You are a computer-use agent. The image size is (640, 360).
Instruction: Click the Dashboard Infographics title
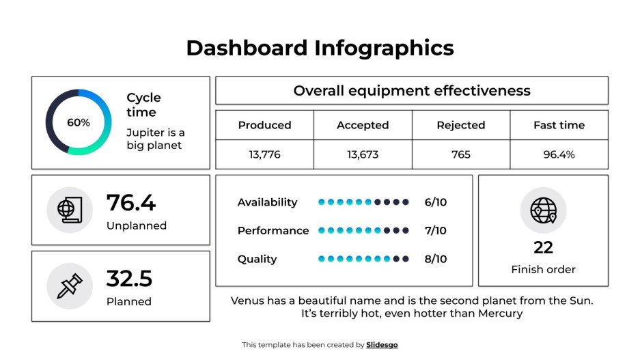(x=320, y=48)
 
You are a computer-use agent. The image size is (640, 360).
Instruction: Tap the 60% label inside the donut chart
(x=78, y=123)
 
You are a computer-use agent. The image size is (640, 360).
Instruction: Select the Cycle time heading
(x=143, y=105)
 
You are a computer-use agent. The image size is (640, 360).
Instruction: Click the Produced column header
(x=264, y=125)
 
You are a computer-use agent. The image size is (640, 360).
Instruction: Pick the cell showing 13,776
(x=264, y=154)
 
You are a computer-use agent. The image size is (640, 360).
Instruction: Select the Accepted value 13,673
(x=363, y=154)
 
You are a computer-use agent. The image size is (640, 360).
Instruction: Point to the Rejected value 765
(x=461, y=154)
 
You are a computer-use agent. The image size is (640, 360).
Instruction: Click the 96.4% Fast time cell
(x=559, y=154)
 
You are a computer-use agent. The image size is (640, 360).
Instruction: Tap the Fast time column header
(x=559, y=125)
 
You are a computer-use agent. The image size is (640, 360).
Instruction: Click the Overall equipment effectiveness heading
(x=411, y=91)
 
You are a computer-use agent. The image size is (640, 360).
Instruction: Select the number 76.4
(x=131, y=203)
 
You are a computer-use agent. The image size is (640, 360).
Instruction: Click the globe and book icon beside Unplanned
(x=70, y=210)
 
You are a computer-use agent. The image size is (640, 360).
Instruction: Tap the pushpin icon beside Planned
(x=70, y=286)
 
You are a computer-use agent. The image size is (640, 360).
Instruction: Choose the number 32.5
(x=129, y=279)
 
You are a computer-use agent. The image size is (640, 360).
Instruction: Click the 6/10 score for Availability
(x=435, y=202)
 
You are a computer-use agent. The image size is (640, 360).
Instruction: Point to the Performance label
(x=273, y=231)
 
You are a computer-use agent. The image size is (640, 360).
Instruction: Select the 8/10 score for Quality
(x=435, y=259)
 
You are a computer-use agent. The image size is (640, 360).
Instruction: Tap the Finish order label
(x=543, y=269)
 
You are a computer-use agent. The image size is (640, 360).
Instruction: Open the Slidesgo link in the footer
(x=382, y=345)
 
